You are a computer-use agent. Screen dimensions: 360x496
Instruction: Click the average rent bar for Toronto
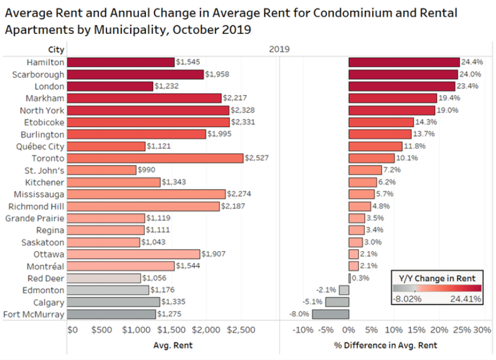click(155, 158)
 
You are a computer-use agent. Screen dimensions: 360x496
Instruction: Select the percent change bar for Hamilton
click(404, 62)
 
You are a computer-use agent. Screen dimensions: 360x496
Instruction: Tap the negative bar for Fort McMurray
click(330, 314)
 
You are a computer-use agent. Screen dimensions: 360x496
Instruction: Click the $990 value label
click(146, 170)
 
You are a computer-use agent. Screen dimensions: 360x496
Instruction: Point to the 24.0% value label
click(470, 74)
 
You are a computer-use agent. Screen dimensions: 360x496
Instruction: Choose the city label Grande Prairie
click(35, 218)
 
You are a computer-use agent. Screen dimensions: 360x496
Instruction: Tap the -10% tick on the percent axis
click(303, 330)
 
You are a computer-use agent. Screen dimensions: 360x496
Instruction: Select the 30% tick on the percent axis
click(483, 330)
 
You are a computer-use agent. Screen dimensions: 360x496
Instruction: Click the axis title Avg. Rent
click(173, 346)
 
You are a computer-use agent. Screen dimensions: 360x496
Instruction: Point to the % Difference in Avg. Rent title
click(386, 346)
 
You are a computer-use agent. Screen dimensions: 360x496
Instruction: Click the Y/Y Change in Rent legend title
click(437, 279)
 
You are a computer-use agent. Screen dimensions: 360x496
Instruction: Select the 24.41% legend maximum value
click(466, 299)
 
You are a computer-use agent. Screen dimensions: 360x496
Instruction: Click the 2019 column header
click(279, 49)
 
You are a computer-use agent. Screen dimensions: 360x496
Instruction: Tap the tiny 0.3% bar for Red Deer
click(349, 278)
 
